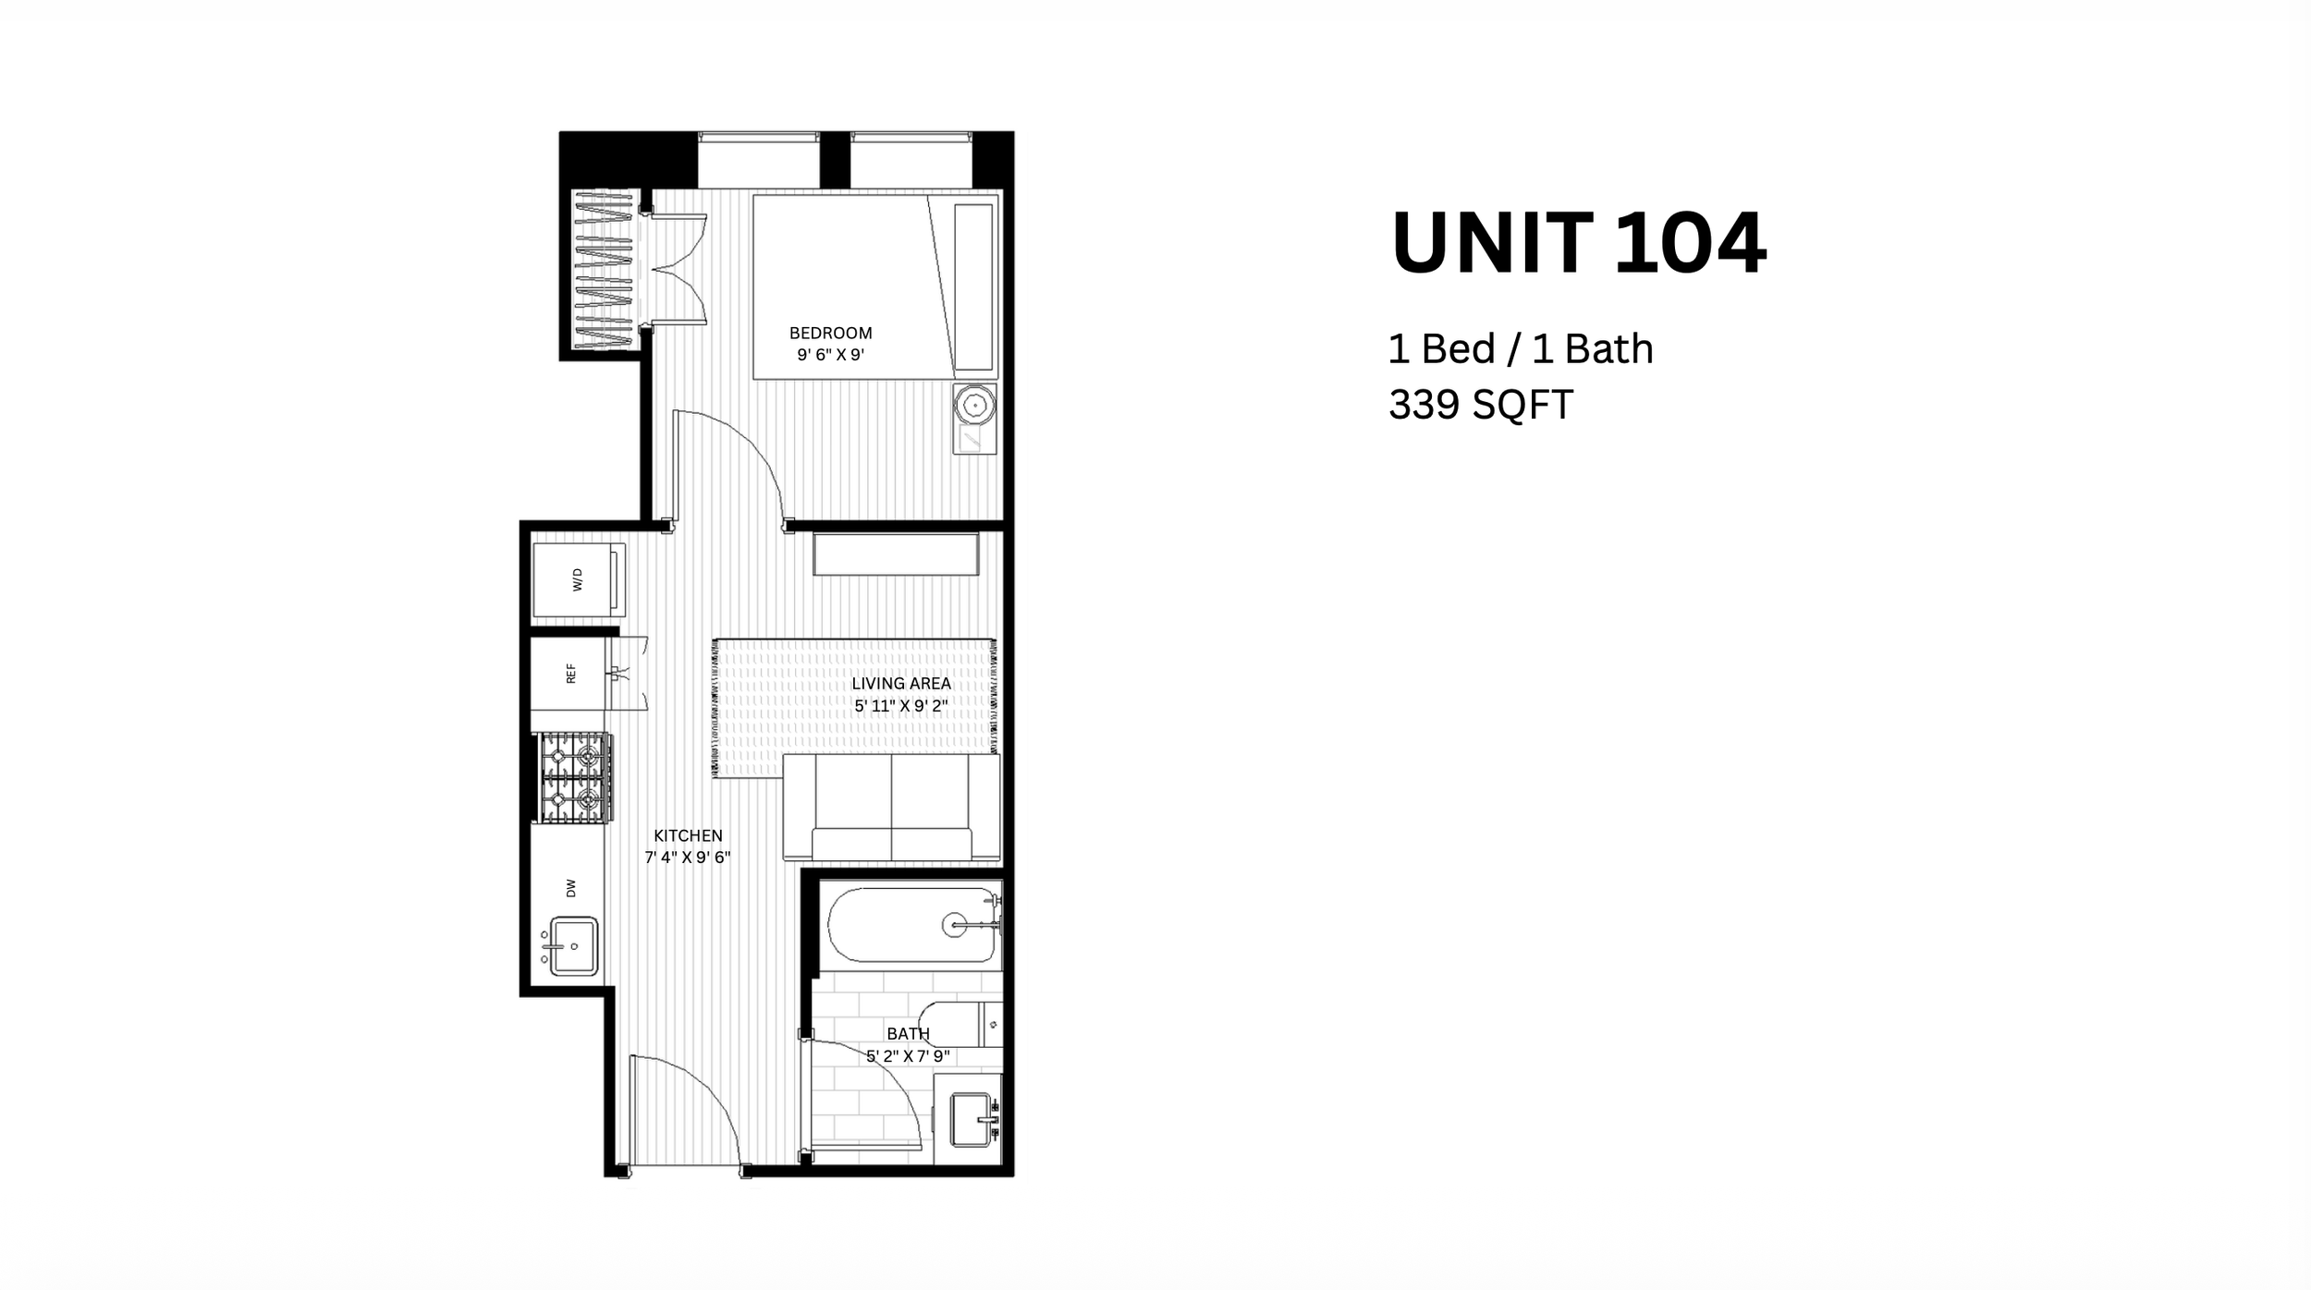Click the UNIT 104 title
pos(1578,243)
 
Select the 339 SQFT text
pos(1480,405)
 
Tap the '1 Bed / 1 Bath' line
pos(1521,348)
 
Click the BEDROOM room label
pos(830,333)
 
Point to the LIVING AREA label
pos(901,684)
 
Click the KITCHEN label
pos(688,835)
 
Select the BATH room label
pos(908,1033)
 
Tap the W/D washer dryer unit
pos(579,579)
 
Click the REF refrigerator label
pos(570,673)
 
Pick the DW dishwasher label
pos(570,888)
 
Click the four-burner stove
pos(574,777)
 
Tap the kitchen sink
pos(573,945)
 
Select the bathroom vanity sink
pos(972,1119)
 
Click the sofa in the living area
pos(891,809)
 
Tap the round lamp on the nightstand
pos(974,405)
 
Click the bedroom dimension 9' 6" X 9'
pos(830,355)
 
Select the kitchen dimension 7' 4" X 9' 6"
pos(688,858)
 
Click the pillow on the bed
pos(973,286)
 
